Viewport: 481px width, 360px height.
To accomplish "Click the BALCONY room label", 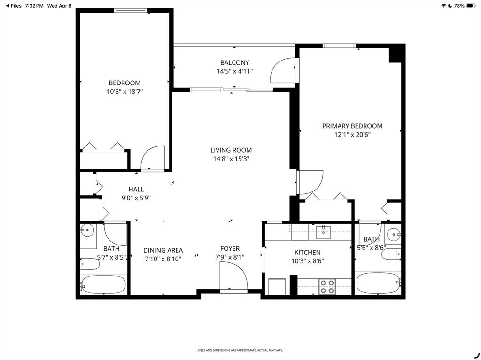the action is click(x=235, y=62).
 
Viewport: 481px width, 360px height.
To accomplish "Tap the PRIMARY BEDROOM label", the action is click(x=352, y=126).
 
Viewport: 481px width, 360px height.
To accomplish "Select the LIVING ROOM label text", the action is click(x=231, y=150).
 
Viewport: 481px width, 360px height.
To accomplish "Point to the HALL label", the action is click(x=136, y=190).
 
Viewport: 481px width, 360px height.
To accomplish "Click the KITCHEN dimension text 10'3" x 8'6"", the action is click(x=308, y=261).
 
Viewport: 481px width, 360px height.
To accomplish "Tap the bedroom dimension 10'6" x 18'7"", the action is click(x=125, y=92).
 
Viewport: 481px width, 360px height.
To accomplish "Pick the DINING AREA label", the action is click(x=163, y=250).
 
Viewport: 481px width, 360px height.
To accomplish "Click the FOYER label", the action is click(x=230, y=248).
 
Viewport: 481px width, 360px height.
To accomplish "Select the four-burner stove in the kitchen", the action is click(x=327, y=287).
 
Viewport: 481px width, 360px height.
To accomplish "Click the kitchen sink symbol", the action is click(x=323, y=231).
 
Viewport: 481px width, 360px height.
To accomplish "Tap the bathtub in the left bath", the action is click(x=103, y=284).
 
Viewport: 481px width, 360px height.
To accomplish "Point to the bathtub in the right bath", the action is click(x=378, y=283).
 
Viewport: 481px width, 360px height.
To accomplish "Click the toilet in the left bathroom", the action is click(x=90, y=264).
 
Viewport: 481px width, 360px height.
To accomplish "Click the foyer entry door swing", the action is click(x=233, y=276).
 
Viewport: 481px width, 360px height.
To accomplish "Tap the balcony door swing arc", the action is click(x=282, y=70).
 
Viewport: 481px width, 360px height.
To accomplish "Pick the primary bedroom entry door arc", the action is click(x=310, y=183).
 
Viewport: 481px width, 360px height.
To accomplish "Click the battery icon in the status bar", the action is click(x=471, y=6).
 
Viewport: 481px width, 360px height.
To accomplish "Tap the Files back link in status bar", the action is click(x=14, y=6).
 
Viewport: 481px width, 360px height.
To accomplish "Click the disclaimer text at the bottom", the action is click(x=240, y=350).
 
